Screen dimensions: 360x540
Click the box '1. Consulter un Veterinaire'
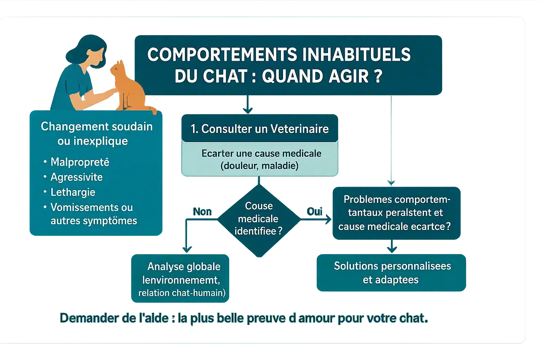coord(259,129)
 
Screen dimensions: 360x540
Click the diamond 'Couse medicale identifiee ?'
coord(259,219)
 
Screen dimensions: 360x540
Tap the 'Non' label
coord(202,212)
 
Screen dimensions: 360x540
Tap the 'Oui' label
coord(314,212)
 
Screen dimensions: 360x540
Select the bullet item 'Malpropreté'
coord(80,162)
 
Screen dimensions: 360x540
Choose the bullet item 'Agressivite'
coord(76,177)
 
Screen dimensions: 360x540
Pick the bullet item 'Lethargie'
coord(73,192)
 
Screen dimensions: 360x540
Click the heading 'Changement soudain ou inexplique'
coord(96,134)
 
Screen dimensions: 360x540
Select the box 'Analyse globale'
coord(180,278)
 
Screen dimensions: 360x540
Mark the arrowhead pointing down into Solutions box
coord(392,250)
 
